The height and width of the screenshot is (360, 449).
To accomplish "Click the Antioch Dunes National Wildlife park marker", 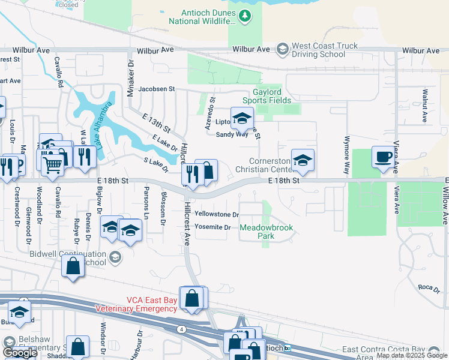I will pos(244,16).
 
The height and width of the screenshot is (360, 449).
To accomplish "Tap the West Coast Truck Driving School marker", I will pos(283,49).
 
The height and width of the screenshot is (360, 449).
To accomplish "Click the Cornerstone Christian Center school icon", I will pos(303,161).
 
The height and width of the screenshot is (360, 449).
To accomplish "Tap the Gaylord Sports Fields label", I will pos(267,96).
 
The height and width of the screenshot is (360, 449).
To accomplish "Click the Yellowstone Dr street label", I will pos(217,215).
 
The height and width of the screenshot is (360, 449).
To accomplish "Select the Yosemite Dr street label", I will pos(212,227).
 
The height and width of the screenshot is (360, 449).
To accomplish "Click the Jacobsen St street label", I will pos(156,89).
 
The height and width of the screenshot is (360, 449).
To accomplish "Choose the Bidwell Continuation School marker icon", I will pos(115,258).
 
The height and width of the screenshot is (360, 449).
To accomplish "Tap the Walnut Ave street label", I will pos(424,103).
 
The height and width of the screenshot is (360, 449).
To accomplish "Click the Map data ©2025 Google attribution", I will pos(411,355).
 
